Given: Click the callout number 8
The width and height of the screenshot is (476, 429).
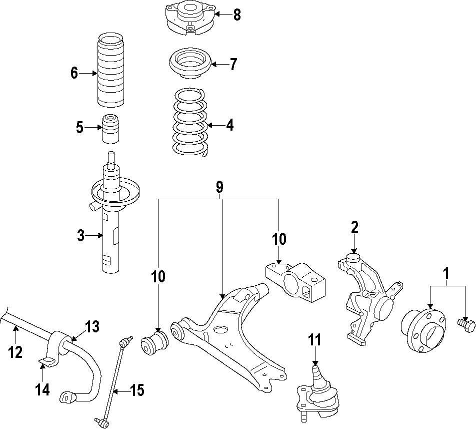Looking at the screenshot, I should point(236,15).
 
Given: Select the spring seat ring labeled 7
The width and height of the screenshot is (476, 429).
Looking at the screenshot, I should point(189,64).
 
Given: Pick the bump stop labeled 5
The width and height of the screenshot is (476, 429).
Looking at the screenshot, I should point(111,129).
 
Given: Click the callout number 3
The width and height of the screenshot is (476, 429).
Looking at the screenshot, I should point(81,235).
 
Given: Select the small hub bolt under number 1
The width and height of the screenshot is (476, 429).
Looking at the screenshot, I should point(464,325).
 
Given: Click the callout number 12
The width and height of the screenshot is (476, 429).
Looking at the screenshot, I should point(15,352).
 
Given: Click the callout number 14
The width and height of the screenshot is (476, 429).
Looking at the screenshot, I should point(43,389).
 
